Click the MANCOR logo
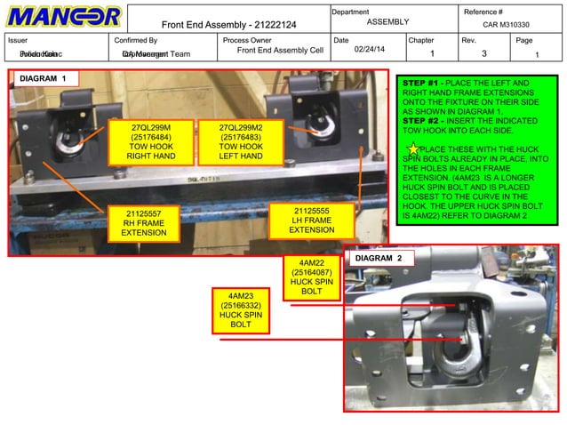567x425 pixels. point(64,17)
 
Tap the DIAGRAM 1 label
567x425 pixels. point(44,79)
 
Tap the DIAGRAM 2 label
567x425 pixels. point(379,258)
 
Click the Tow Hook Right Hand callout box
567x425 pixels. point(150,143)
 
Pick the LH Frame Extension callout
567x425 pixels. point(312,221)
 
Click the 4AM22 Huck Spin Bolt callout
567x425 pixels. point(311,277)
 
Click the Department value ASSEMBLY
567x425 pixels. point(387,21)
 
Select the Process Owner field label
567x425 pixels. point(247,40)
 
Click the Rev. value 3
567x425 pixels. point(484,54)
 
